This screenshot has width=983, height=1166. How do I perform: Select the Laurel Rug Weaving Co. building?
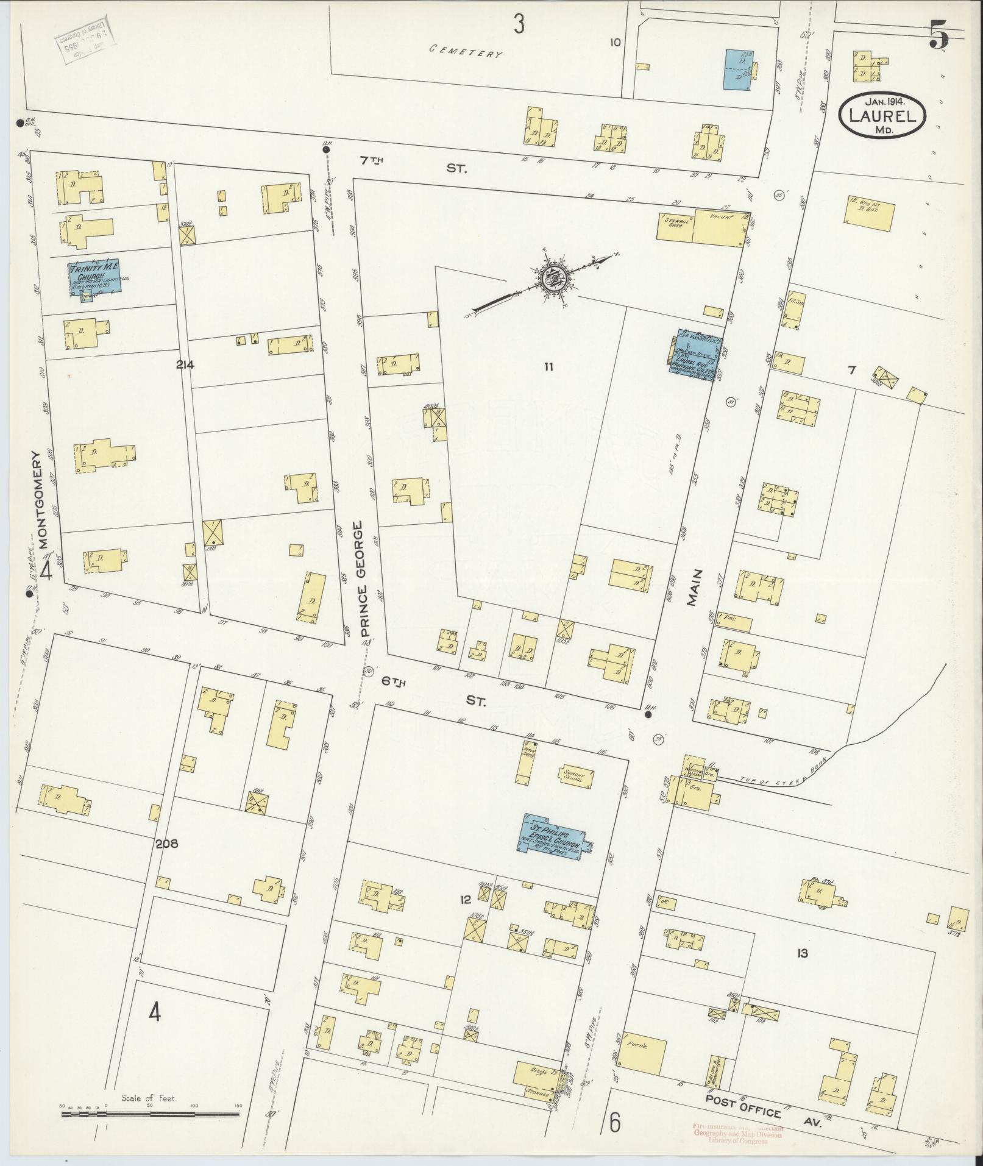[694, 356]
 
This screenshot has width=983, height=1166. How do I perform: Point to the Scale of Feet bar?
[149, 1113]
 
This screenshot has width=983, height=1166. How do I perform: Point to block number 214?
[185, 365]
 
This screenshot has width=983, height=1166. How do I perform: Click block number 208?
[166, 844]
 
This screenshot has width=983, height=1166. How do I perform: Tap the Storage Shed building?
[675, 226]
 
